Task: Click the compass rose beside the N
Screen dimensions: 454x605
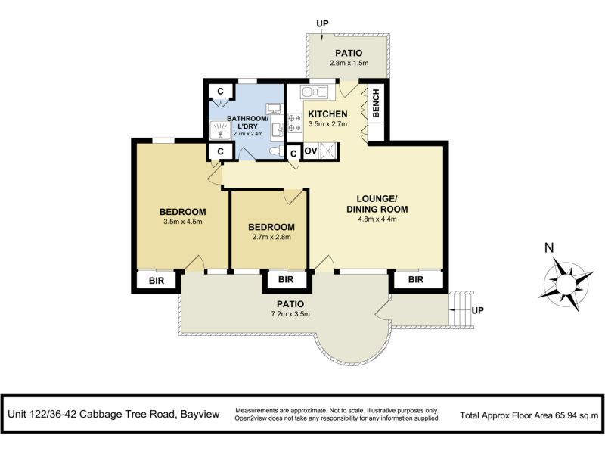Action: pos(563,281)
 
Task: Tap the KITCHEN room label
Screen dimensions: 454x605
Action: pos(327,115)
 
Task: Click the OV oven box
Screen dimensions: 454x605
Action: pos(310,151)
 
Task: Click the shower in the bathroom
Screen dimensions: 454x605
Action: pos(221,132)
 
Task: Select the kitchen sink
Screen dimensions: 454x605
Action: pos(313,93)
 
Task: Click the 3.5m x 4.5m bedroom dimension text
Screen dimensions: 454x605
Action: pos(182,222)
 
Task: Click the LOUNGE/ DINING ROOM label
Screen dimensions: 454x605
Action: pos(377,204)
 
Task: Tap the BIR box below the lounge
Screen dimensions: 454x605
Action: pos(417,280)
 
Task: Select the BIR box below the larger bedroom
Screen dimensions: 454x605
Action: pos(157,280)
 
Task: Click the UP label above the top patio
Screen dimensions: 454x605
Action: pos(323,23)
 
